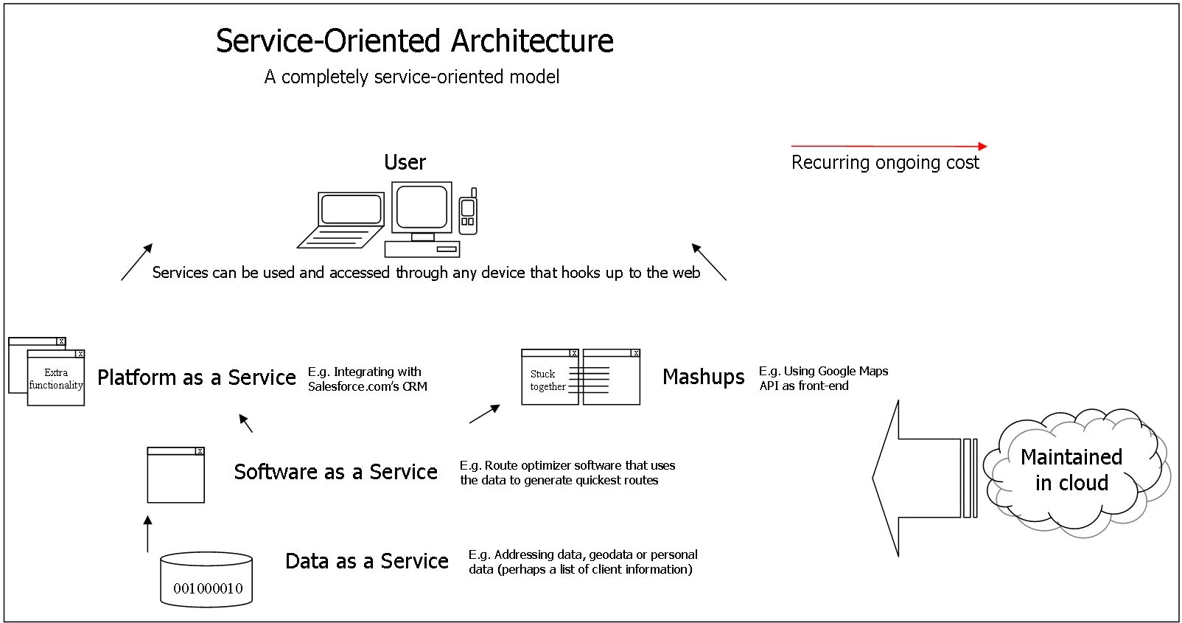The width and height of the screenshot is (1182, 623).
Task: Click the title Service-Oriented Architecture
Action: [414, 41]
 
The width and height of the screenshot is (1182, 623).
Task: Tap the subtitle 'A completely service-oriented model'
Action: [412, 77]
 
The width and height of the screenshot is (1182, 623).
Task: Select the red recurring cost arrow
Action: [888, 146]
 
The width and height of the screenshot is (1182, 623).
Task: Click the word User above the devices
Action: [405, 162]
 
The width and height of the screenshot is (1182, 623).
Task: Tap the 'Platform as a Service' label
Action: [197, 377]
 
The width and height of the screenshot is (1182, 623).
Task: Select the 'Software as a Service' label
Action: [335, 472]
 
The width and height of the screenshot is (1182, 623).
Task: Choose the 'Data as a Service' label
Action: [366, 561]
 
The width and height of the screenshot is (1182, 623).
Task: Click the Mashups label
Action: [703, 377]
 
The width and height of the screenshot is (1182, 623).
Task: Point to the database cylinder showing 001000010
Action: [207, 580]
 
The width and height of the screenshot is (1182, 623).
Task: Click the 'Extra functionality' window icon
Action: [55, 377]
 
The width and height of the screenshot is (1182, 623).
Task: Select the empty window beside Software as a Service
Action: [175, 476]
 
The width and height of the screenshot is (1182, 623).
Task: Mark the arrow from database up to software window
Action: [148, 534]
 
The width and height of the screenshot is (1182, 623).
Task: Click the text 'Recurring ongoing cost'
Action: [885, 163]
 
